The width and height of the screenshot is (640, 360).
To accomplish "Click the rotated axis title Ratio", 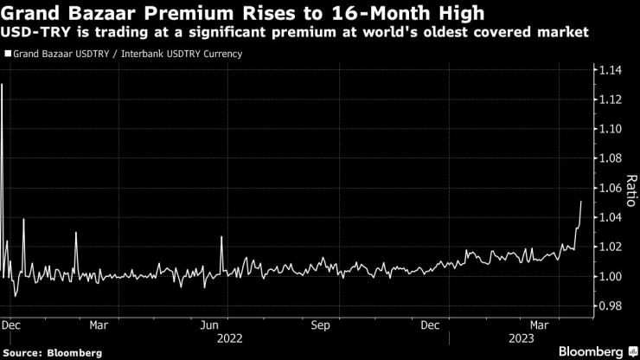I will point(630,189).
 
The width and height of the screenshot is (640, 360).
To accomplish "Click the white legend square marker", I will point(8,54).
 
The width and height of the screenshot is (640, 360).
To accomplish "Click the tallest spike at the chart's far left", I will point(3,85).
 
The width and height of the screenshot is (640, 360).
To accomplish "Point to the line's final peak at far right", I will point(581,202).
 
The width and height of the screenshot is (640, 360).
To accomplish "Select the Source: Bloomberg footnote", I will point(52,352).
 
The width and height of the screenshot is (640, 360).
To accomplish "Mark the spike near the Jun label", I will point(222,237).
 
